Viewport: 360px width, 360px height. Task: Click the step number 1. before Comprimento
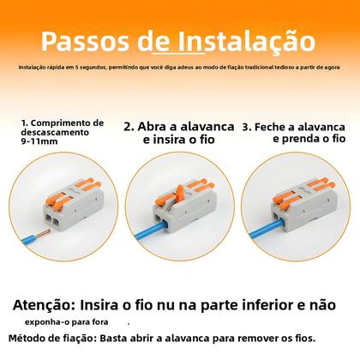pyautogui.click(x=25, y=123)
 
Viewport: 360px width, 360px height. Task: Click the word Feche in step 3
pyautogui.click(x=272, y=124)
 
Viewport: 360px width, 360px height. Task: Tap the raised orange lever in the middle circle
pyautogui.click(x=181, y=176)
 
